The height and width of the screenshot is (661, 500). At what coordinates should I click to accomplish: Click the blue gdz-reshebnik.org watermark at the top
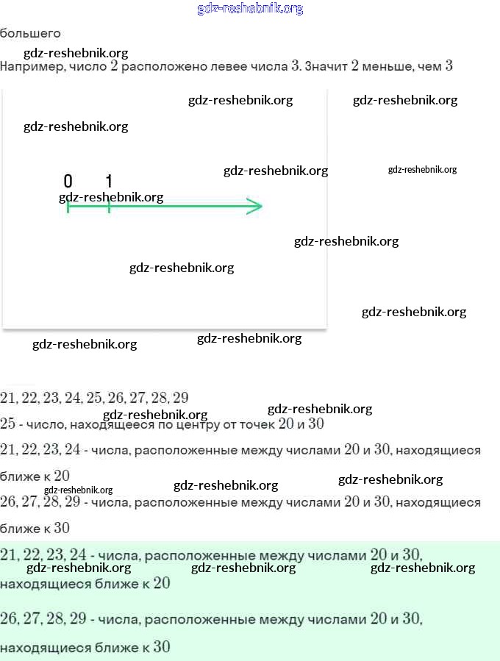click(x=250, y=9)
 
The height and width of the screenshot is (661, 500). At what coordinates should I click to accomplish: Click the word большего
click(x=30, y=33)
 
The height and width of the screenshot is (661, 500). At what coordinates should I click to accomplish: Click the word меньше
click(x=387, y=66)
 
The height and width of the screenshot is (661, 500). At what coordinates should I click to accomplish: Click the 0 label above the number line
click(x=68, y=182)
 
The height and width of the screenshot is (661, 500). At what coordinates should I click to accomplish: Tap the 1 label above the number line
click(x=109, y=182)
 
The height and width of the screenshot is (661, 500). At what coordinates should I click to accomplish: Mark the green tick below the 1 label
click(x=109, y=207)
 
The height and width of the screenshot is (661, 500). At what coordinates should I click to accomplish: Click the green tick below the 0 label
click(x=68, y=207)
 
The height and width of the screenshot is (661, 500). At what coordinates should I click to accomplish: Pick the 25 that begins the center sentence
click(x=8, y=424)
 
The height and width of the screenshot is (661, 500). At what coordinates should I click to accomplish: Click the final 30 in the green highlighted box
click(x=162, y=648)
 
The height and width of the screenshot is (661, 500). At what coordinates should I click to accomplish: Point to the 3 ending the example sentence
click(x=449, y=66)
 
